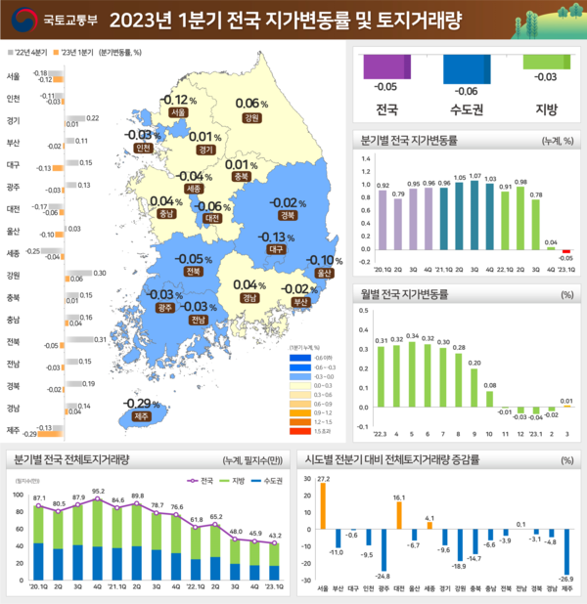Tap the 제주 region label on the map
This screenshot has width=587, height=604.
[141, 417]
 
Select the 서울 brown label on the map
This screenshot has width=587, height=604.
[177, 113]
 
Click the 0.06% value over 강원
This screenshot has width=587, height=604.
[251, 104]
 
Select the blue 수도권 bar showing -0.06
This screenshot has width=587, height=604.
[468, 68]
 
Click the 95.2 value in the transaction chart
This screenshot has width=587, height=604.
[98, 492]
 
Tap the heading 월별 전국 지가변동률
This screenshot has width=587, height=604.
[405, 293]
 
